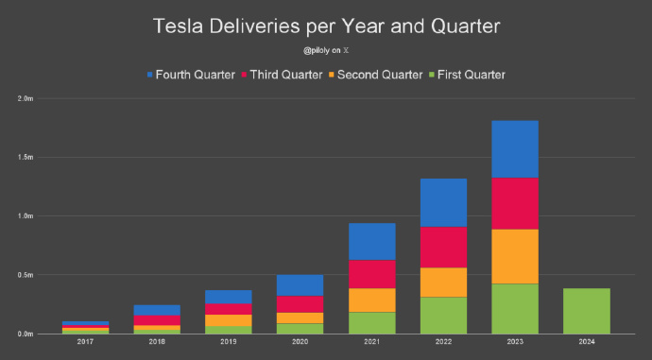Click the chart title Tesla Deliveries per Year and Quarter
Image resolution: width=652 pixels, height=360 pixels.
[326, 26]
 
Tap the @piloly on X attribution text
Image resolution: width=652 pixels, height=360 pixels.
[326, 50]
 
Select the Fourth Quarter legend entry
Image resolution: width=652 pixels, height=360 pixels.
[191, 75]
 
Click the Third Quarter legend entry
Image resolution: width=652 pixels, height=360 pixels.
[282, 75]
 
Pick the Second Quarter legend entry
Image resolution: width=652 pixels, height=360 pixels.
[375, 75]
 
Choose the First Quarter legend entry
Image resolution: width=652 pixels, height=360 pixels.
[468, 75]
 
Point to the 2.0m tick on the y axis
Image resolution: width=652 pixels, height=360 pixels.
[26, 99]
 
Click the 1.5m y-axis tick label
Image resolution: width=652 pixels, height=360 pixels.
[26, 158]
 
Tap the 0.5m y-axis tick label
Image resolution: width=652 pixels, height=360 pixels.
[26, 275]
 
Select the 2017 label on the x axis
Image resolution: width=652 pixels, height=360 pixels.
[85, 342]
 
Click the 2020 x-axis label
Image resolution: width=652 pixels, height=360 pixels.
[300, 342]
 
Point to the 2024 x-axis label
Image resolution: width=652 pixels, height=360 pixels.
[587, 342]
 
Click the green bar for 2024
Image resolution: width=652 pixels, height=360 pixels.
[587, 311]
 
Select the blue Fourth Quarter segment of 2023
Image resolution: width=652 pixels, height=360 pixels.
[515, 149]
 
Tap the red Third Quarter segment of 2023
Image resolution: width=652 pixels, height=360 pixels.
[515, 204]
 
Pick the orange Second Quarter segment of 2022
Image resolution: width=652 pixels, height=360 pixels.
[443, 283]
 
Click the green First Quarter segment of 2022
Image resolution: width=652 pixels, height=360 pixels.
[443, 316]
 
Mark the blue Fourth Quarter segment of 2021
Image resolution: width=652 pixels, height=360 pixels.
[372, 242]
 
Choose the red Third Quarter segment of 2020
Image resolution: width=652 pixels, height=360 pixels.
[300, 304]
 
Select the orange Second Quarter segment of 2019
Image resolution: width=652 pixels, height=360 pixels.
[229, 320]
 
